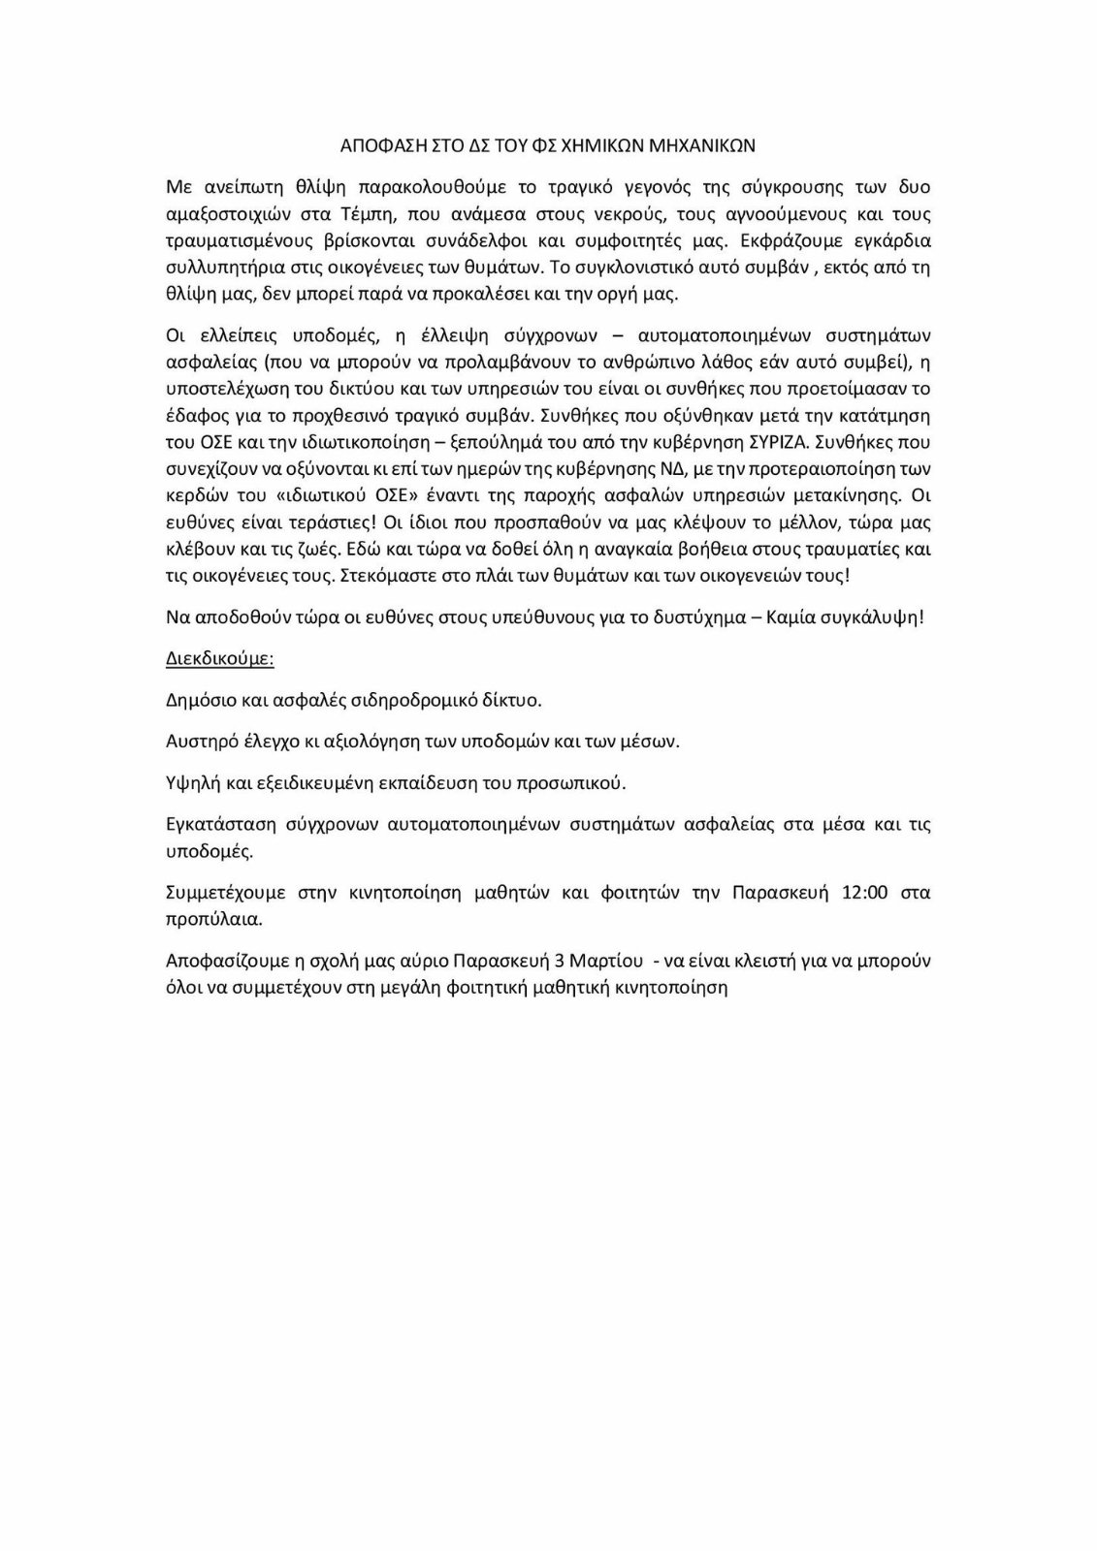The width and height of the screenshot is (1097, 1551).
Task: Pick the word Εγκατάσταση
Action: click(216, 825)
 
